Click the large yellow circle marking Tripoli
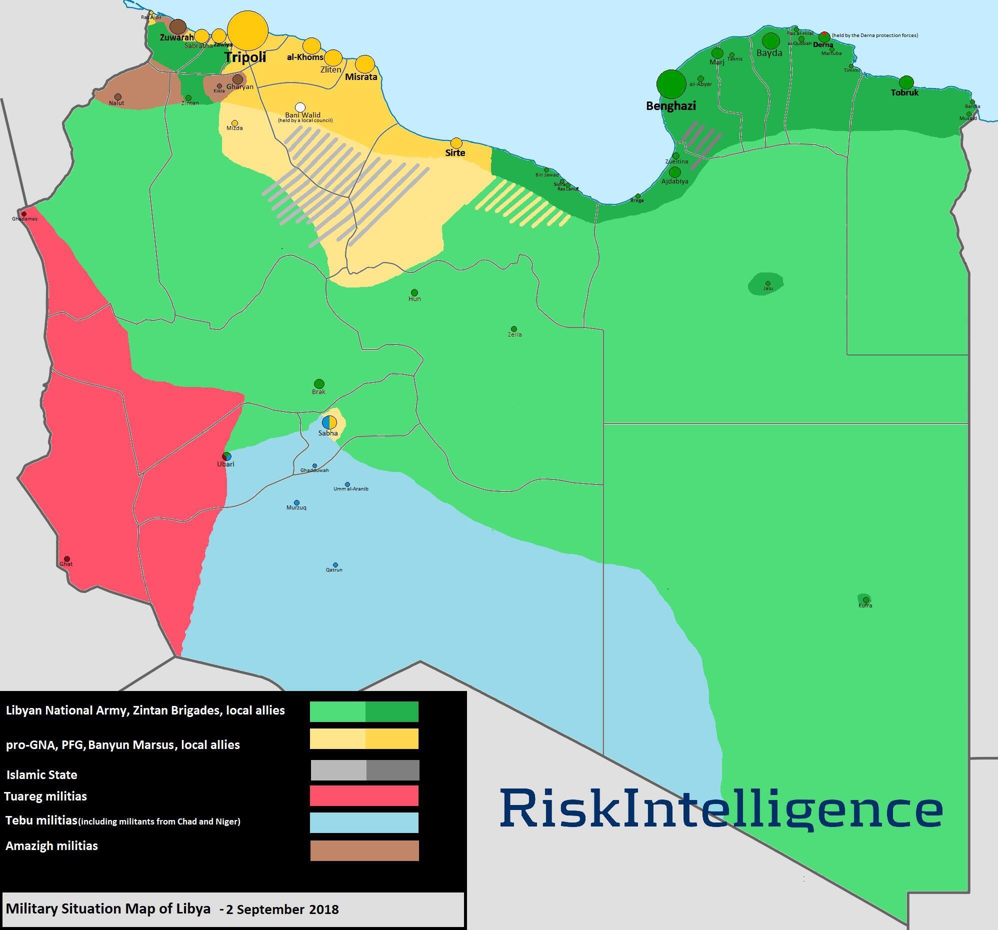tap(247, 30)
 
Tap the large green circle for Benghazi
tap(671, 84)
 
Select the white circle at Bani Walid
tap(300, 107)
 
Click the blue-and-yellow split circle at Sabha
tap(329, 422)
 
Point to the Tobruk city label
tap(904, 93)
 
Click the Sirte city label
tap(455, 153)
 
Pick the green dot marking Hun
tap(414, 292)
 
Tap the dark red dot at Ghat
tap(67, 559)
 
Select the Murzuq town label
tap(296, 507)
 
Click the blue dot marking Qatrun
tap(335, 564)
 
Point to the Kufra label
tap(865, 605)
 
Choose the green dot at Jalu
tap(767, 283)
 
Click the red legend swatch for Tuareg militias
tap(364, 795)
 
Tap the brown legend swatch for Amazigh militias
tap(364, 850)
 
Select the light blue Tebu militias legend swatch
tap(364, 822)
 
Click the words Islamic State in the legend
tap(41, 774)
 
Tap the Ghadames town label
tap(24, 219)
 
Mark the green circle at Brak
tap(319, 384)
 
